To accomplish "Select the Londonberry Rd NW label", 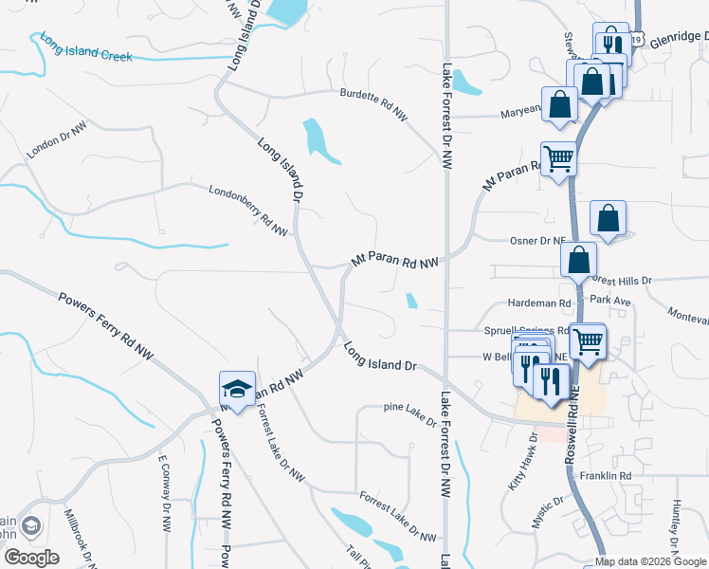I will (x=248, y=210).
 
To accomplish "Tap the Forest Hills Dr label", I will (x=623, y=281).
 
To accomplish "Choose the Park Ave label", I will (x=609, y=300).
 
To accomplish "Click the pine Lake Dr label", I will (x=409, y=413).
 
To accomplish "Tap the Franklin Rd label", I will (x=606, y=475).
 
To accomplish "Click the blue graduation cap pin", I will (x=237, y=388).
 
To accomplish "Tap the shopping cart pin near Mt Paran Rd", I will (x=558, y=159).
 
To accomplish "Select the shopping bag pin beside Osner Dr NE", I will (x=608, y=219).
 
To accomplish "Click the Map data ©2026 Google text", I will (x=649, y=561).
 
